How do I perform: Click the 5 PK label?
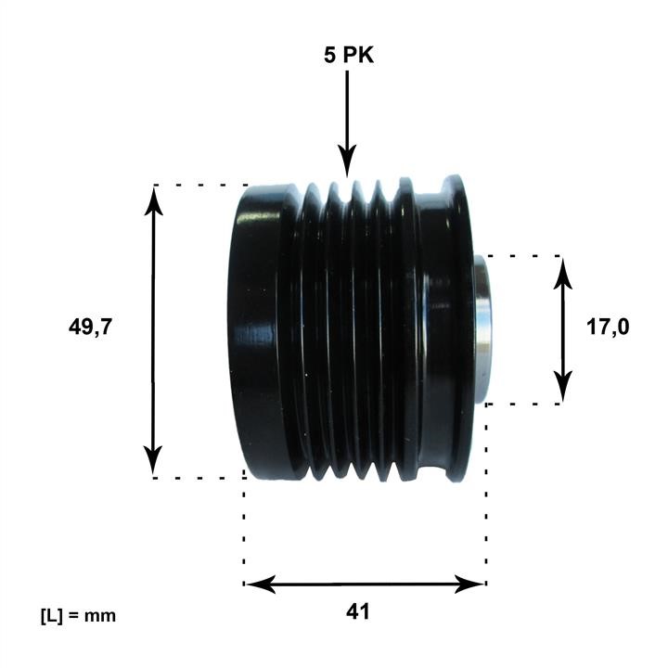pos(349,56)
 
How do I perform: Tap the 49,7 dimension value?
pos(90,328)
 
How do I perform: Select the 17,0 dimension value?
pos(608,328)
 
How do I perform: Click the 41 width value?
pos(358,611)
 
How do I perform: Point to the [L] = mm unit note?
pos(78,616)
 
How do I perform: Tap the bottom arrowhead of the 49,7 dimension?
pos(153,459)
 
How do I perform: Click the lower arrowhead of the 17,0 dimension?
pos(563,386)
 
